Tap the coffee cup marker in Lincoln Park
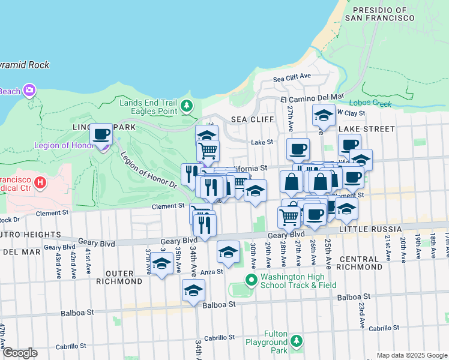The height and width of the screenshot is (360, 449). click(101, 134)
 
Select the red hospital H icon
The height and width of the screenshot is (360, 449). click(40, 181)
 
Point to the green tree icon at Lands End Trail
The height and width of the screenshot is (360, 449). click(187, 106)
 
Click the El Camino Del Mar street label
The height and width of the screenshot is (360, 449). click(312, 97)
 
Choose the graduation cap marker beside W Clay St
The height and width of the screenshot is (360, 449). click(324, 116)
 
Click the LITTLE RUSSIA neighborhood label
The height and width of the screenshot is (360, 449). click(370, 229)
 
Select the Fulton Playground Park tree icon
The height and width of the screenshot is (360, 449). click(296, 341)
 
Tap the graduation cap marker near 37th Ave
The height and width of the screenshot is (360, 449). click(161, 264)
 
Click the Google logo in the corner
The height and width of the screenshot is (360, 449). click(20, 353)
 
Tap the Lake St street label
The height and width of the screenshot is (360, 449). click(262, 142)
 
